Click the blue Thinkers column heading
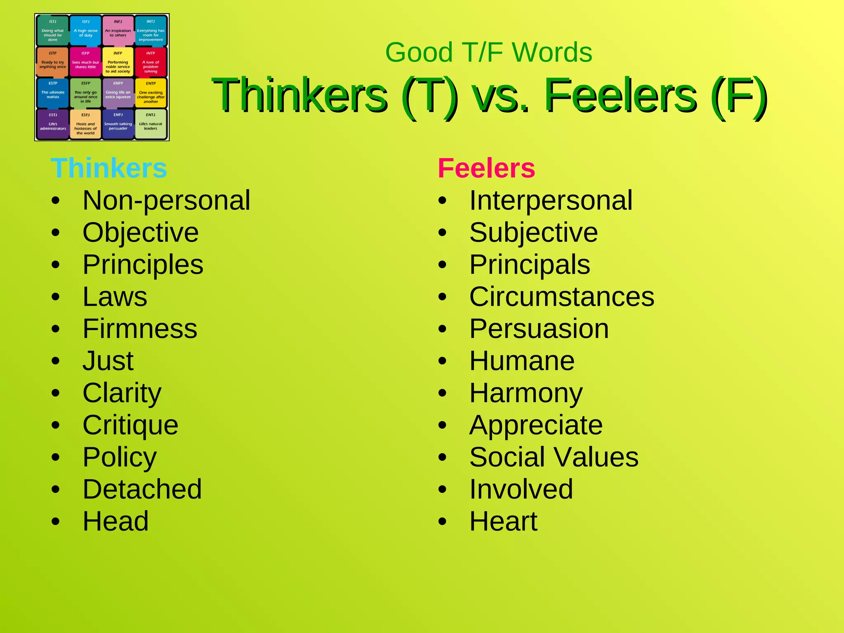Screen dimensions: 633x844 tap(109, 168)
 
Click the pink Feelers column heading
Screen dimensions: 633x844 tap(486, 168)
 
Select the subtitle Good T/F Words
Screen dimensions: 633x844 tap(489, 52)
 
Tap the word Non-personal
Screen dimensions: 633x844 tap(166, 200)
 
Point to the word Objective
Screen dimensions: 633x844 tap(141, 232)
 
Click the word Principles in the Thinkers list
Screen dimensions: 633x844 tap(143, 265)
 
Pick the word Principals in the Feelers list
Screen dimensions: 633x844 tap(530, 265)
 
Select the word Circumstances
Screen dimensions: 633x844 tap(562, 297)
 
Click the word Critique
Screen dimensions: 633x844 tap(130, 425)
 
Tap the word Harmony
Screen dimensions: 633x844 tap(526, 393)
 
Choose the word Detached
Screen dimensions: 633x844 tap(142, 489)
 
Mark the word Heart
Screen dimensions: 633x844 tap(503, 521)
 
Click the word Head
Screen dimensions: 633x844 tap(115, 521)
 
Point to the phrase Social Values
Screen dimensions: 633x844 tap(554, 457)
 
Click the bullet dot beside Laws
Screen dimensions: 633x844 tap(56, 297)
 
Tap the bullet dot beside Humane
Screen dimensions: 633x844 tap(442, 361)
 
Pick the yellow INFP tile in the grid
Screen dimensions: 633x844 tap(118, 62)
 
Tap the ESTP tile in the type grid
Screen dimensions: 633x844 tap(53, 92)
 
